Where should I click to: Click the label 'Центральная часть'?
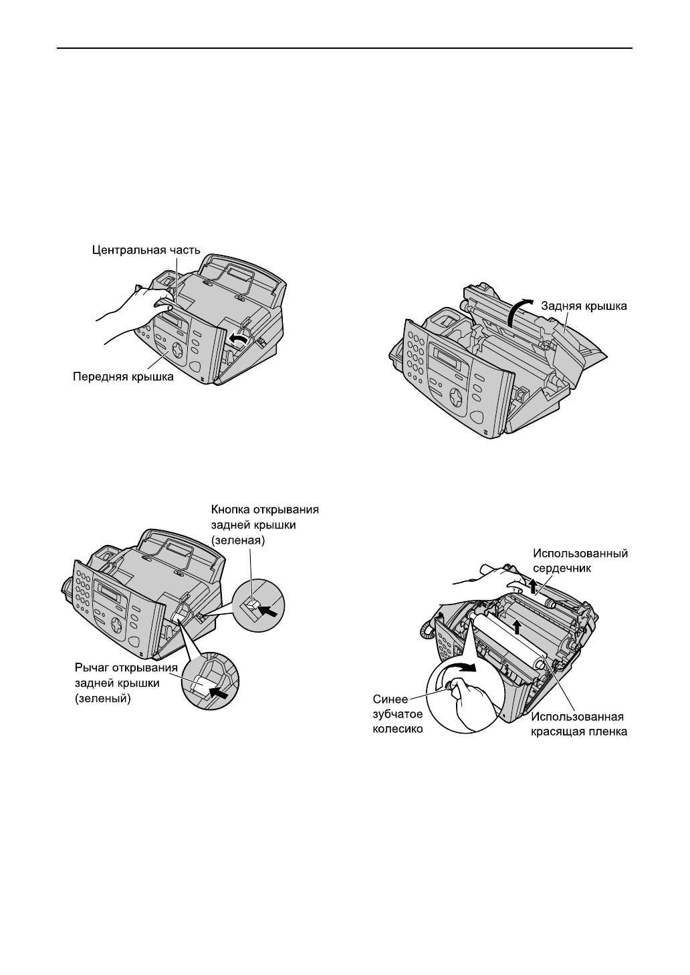coord(145,250)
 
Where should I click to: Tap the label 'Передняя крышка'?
coord(123,377)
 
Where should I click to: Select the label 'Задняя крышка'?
coord(584,306)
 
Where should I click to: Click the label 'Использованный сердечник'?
coord(580,560)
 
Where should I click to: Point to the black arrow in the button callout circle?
coord(269,610)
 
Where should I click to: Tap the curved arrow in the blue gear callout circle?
coord(463,669)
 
